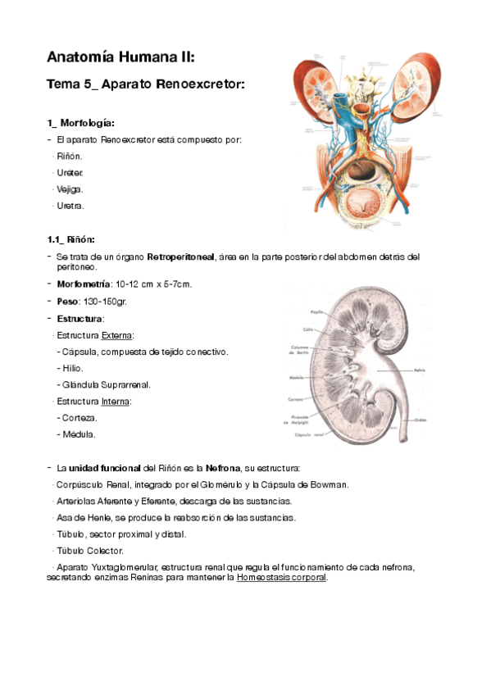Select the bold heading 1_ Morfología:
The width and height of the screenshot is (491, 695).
point(80,123)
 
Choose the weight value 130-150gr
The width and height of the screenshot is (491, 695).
point(107,301)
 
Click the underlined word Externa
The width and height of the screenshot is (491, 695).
point(117,335)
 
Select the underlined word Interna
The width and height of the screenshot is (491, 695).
point(116,402)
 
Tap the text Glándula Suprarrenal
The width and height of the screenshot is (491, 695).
point(105,384)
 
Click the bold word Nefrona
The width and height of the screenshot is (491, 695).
point(222,468)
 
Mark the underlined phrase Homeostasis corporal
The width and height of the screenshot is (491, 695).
point(281,578)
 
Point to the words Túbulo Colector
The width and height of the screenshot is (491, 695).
point(90,550)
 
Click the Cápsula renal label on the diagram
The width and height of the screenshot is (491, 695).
point(308,434)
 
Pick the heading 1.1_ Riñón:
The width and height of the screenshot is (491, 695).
point(71,239)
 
